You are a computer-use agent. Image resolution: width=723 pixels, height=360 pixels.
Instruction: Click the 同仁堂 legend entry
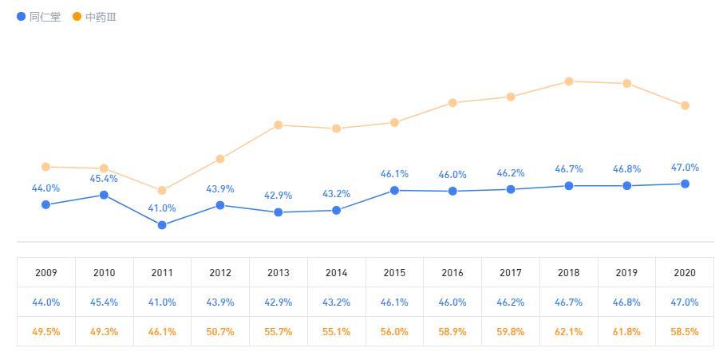[x=39, y=17]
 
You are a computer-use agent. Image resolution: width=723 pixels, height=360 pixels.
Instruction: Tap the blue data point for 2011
[x=162, y=225]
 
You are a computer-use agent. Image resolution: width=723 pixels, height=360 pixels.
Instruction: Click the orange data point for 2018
[x=569, y=81]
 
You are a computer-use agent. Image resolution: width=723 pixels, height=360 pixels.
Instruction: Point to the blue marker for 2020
[x=685, y=184]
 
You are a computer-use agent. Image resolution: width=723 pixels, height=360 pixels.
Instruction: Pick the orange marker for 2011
[x=162, y=191]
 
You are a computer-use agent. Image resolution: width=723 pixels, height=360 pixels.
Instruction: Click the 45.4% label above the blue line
[x=104, y=179]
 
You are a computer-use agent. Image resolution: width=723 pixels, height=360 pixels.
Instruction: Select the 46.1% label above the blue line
[x=394, y=173]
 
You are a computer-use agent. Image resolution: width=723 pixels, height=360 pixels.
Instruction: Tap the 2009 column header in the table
[x=46, y=273]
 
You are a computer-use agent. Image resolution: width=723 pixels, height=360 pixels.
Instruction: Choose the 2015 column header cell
[x=394, y=273]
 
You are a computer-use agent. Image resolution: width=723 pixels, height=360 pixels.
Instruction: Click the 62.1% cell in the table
[x=569, y=331]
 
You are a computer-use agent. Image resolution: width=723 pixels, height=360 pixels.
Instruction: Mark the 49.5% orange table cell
[x=46, y=331]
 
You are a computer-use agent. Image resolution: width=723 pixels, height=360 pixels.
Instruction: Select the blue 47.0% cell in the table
[x=685, y=303]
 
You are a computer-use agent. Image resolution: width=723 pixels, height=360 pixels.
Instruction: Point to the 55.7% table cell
[x=279, y=331]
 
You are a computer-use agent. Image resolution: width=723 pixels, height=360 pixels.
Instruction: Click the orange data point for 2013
[x=279, y=125]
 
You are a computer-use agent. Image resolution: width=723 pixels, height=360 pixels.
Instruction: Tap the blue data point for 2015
[x=394, y=191]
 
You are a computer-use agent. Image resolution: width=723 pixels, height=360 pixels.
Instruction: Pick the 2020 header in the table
[x=685, y=273]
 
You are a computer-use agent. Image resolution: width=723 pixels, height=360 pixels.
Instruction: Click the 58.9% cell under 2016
[x=452, y=331]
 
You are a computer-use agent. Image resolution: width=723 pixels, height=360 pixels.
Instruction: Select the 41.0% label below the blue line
[x=162, y=208]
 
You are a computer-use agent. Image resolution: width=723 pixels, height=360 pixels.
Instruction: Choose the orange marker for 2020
[x=685, y=105]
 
